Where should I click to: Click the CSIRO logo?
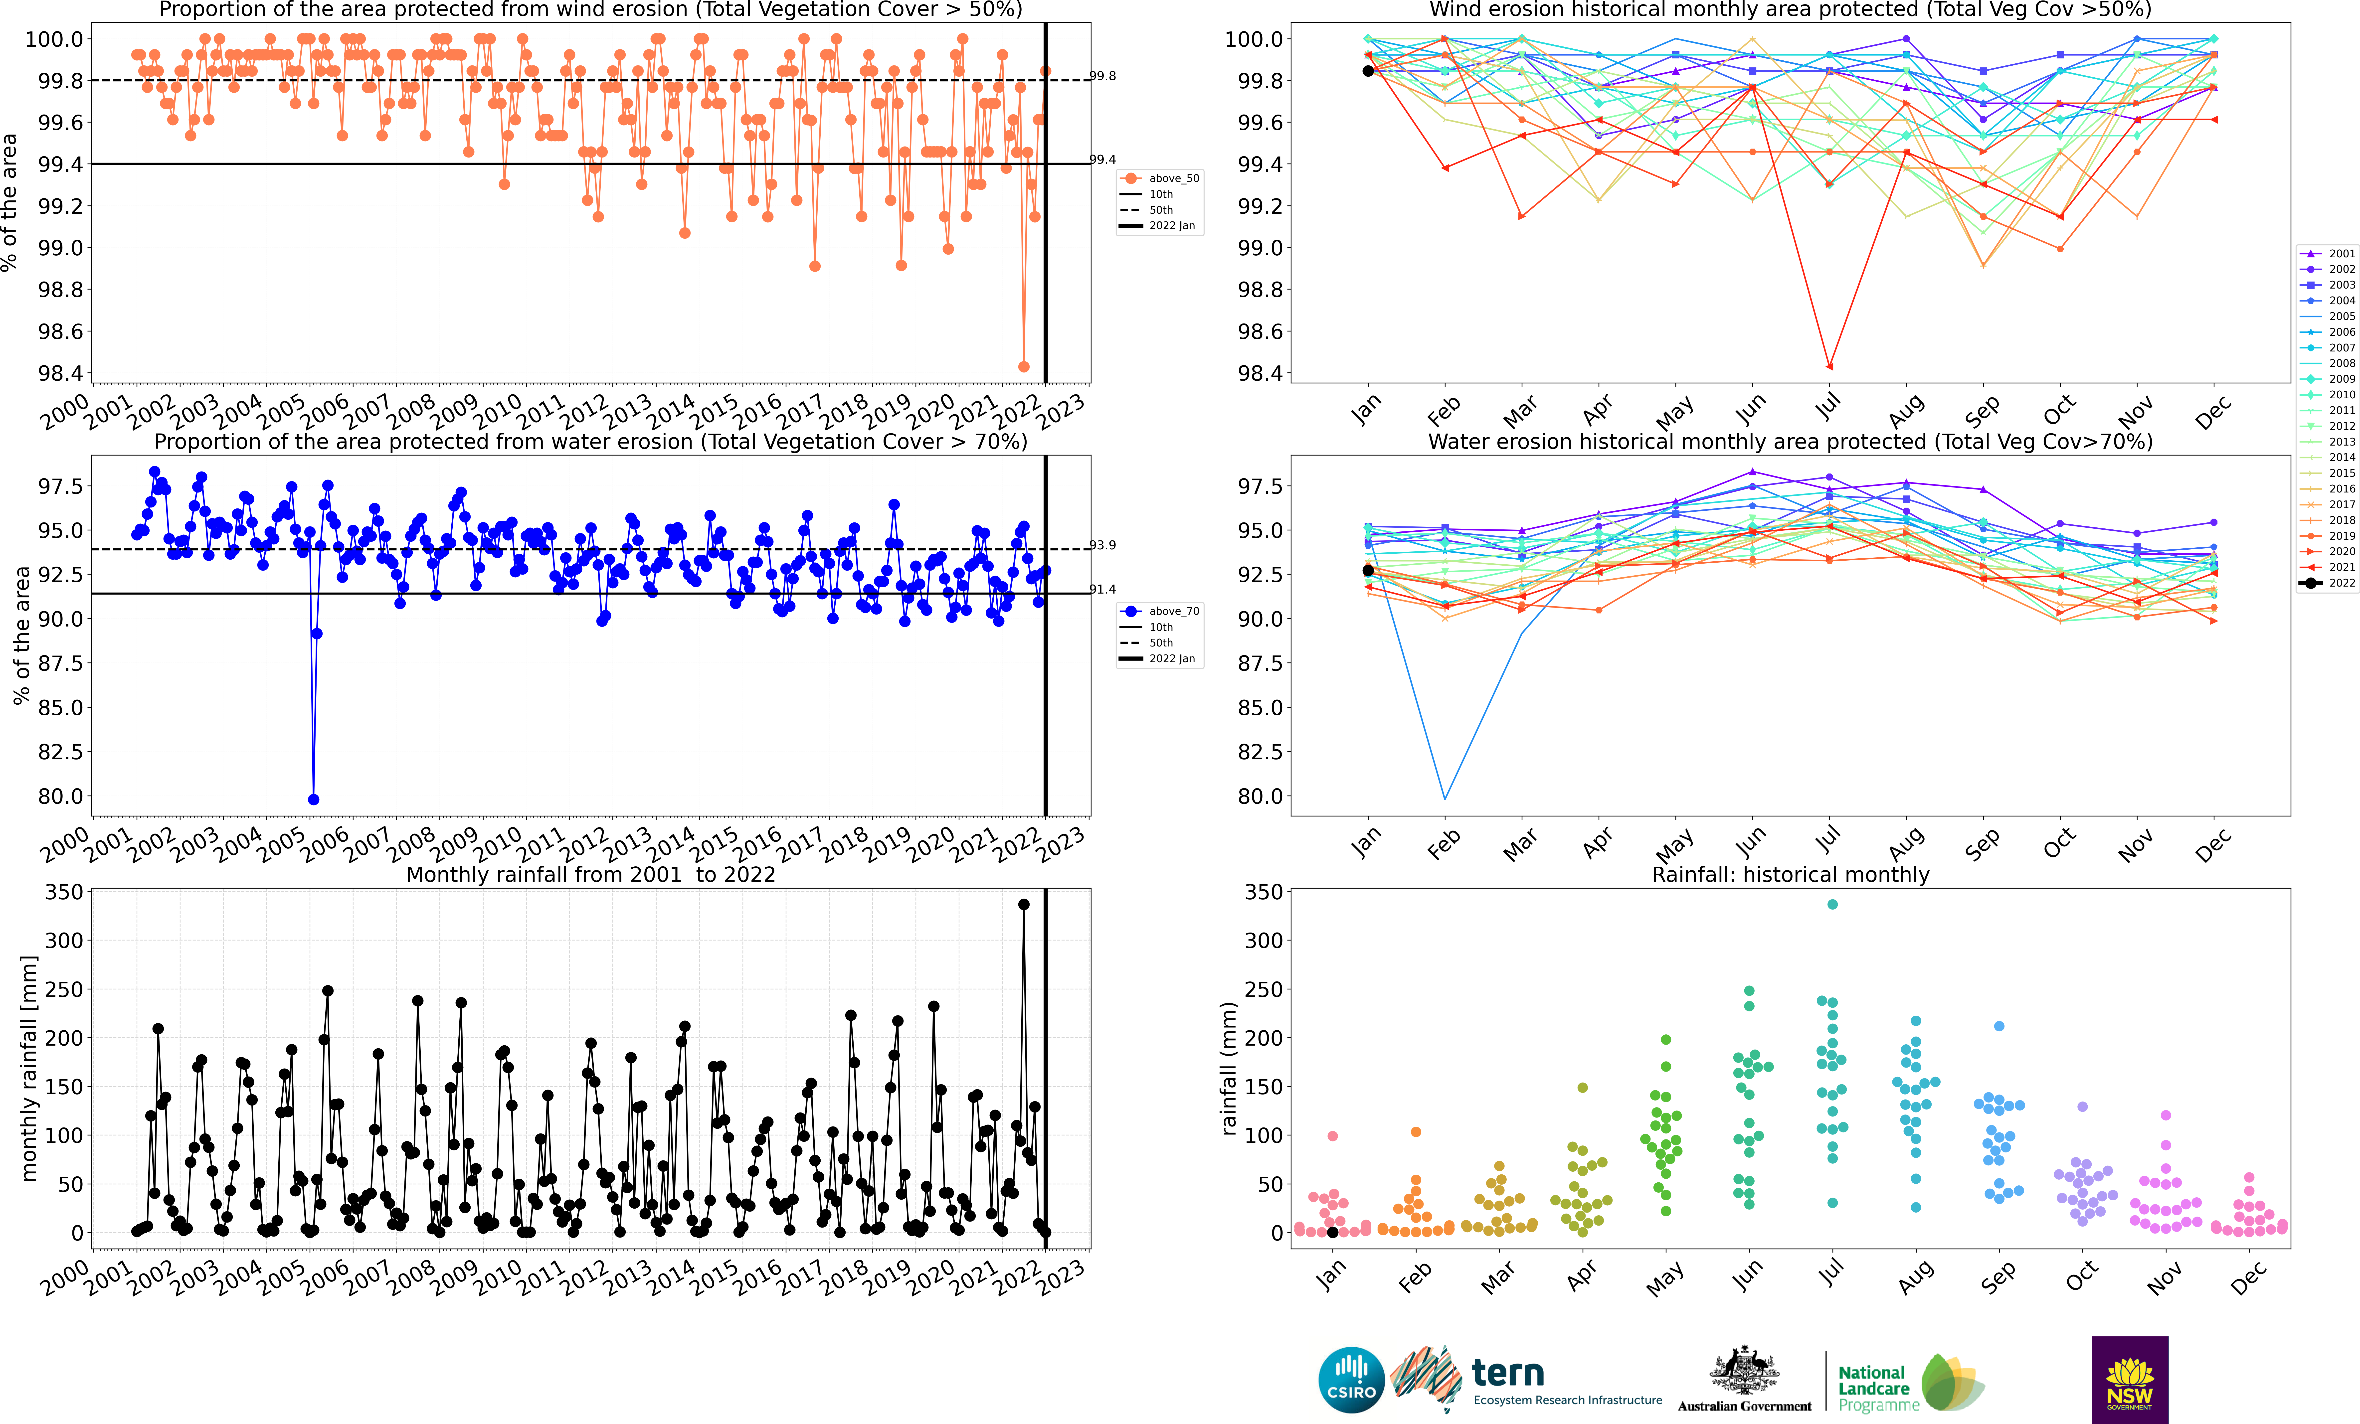click(1351, 1380)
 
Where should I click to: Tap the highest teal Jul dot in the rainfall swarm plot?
click(1832, 904)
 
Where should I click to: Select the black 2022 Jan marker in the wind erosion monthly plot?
click(1368, 71)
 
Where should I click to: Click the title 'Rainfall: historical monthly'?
click(1790, 874)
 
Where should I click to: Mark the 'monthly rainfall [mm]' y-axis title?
click(29, 1068)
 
